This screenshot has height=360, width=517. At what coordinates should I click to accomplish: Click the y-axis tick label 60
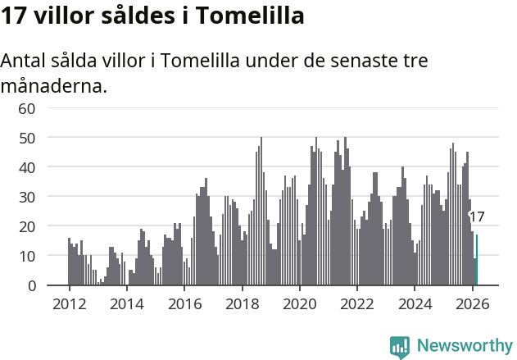coord(27,108)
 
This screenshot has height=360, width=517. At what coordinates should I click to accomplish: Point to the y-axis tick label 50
coord(27,138)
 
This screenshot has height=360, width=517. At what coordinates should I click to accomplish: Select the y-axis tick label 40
coord(27,167)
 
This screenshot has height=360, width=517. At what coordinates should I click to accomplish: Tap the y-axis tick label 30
coord(27,197)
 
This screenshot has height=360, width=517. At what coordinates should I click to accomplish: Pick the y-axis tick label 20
coord(27,226)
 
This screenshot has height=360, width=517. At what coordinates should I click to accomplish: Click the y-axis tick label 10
coord(27,256)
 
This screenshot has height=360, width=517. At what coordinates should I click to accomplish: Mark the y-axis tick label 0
coord(32,285)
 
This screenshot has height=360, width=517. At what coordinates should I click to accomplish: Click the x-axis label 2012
coord(69,303)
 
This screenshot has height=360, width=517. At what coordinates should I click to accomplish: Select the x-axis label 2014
coord(126,303)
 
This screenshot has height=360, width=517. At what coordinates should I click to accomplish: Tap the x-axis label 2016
coord(184,303)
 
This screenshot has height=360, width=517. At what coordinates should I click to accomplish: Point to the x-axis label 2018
coord(242,303)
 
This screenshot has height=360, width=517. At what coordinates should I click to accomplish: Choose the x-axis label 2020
coord(300,303)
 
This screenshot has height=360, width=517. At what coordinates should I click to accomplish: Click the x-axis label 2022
coord(357,303)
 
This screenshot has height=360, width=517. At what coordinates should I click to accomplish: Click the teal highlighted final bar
coord(477,261)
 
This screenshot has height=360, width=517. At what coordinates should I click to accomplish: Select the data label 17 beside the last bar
coord(477,217)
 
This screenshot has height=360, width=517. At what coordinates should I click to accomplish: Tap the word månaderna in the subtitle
coord(54,85)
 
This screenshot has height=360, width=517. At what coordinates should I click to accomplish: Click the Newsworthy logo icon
coord(400,347)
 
